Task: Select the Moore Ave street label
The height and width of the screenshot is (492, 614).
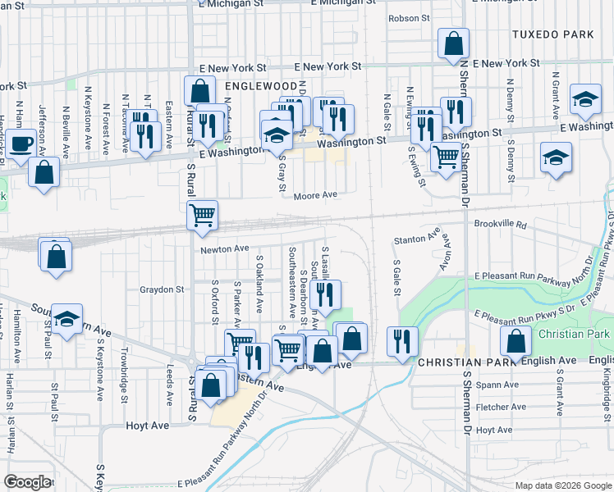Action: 317,195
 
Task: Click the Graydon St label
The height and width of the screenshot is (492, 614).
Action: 161,289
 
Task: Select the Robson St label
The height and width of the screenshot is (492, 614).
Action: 409,18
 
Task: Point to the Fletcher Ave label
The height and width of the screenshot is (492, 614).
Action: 502,407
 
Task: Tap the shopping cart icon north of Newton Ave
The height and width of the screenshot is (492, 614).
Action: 202,216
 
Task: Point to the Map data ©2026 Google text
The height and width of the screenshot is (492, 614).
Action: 563,485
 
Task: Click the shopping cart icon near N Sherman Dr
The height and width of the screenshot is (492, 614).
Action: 445,157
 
